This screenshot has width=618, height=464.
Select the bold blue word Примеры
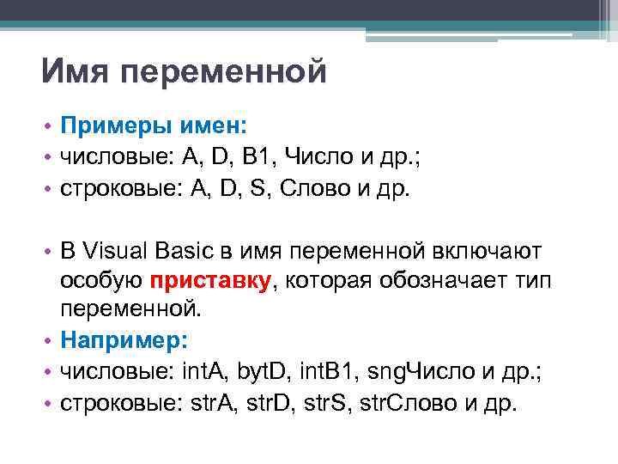coord(111,127)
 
